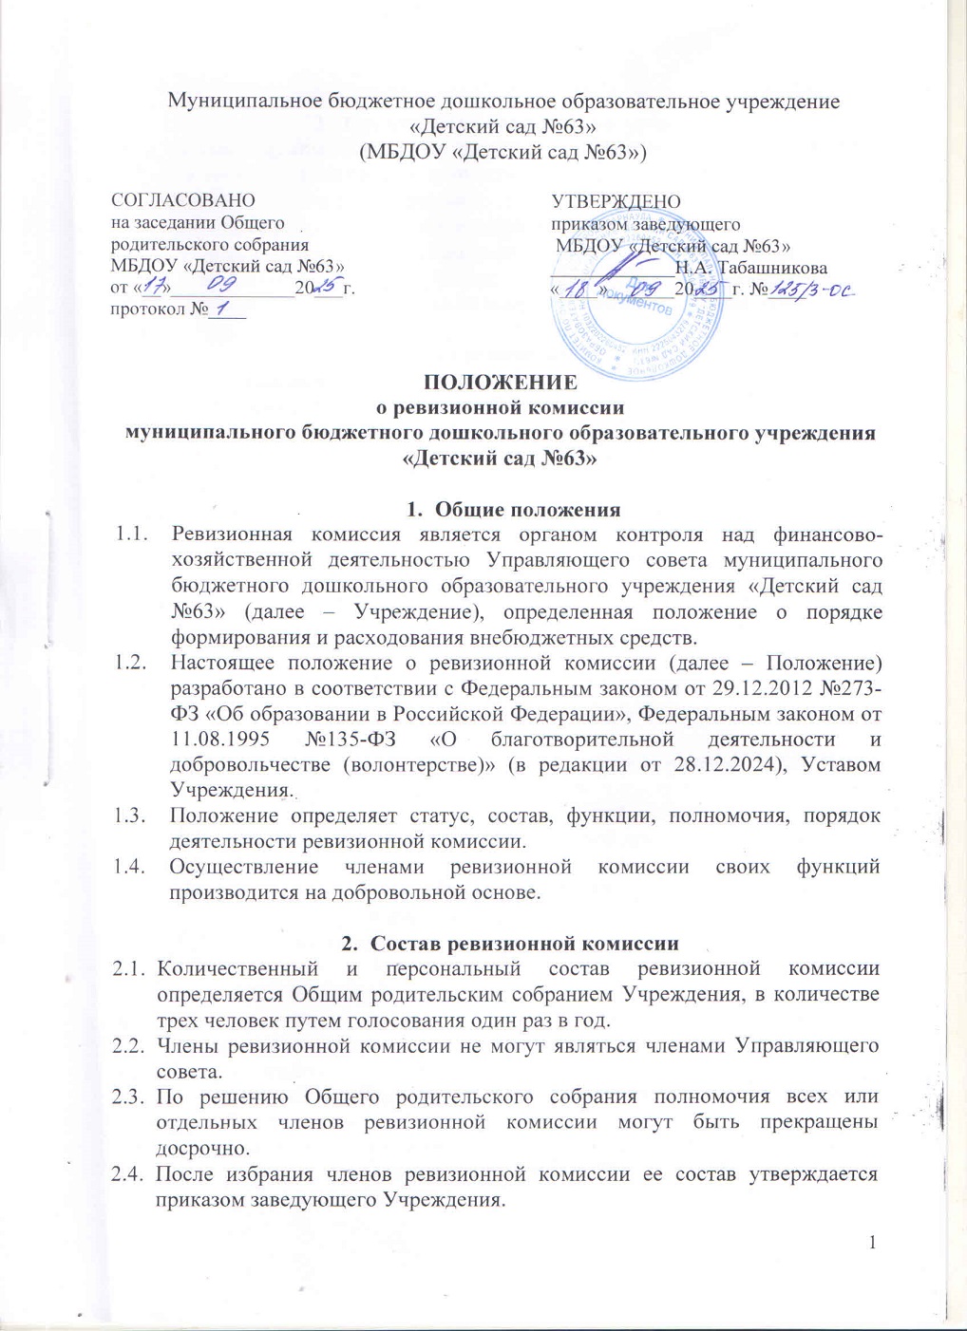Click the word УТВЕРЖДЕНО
pyautogui.click(x=616, y=201)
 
